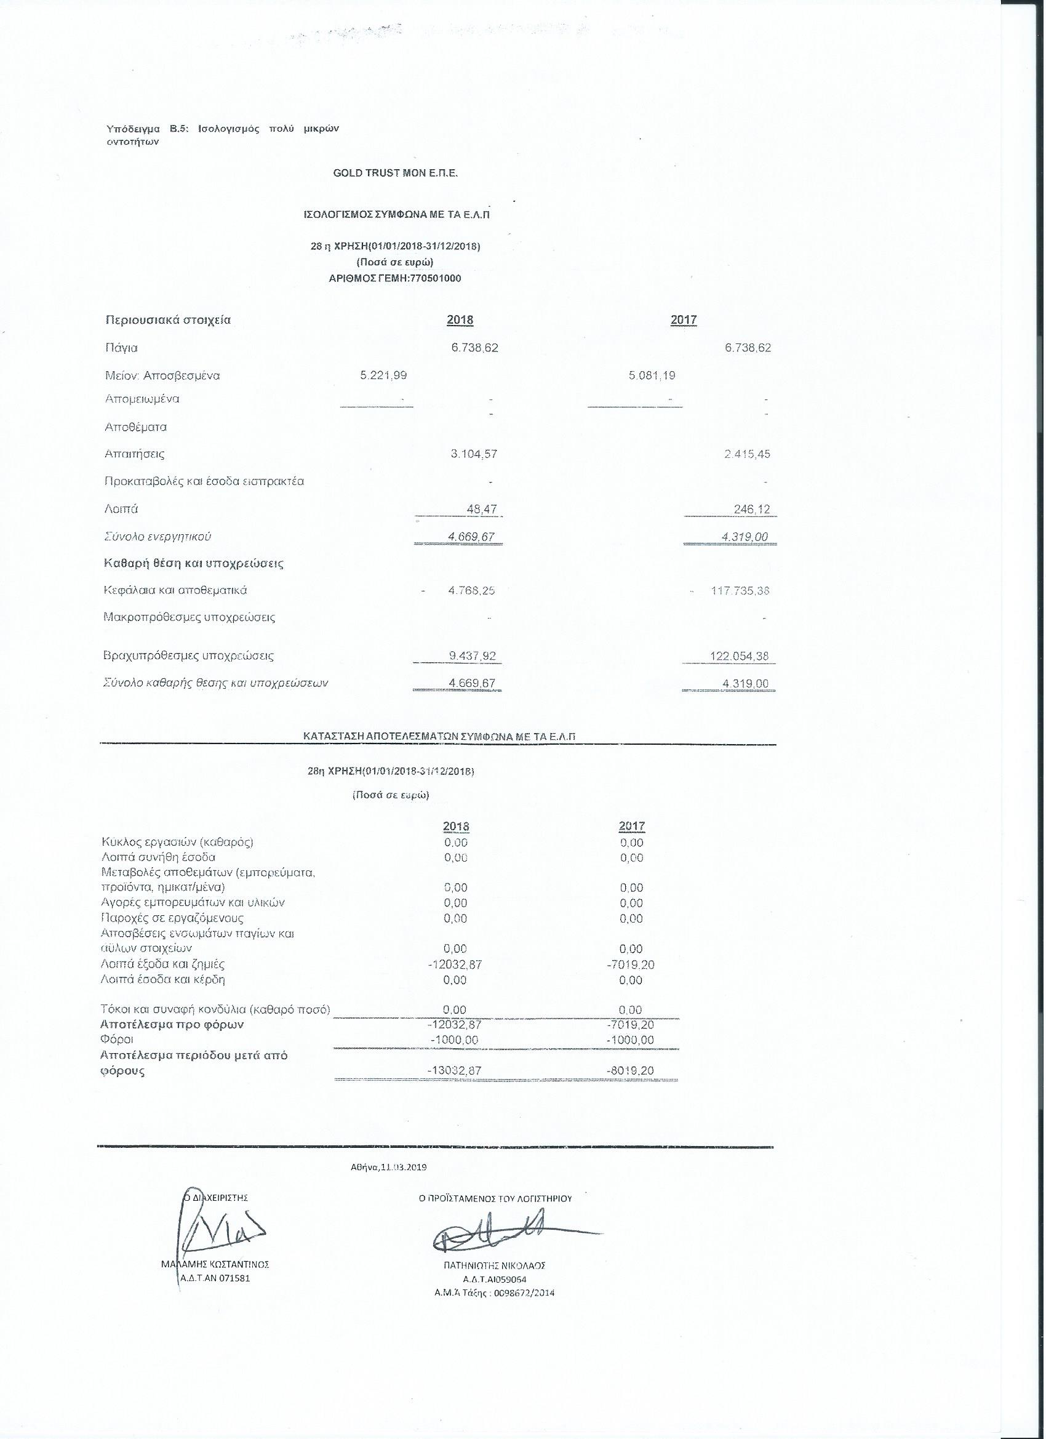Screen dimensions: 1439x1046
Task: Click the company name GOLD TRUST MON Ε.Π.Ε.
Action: (x=395, y=174)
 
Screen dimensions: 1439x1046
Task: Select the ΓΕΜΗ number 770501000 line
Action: (x=394, y=279)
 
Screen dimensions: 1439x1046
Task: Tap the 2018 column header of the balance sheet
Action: (x=460, y=321)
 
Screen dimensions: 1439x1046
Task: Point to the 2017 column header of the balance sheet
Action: (x=683, y=321)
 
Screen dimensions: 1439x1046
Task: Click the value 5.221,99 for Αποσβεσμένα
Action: (x=383, y=375)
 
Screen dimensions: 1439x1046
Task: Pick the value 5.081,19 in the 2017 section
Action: (x=652, y=375)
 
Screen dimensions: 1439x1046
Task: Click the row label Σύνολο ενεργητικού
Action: (x=158, y=537)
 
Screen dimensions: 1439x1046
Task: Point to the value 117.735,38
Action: (x=740, y=591)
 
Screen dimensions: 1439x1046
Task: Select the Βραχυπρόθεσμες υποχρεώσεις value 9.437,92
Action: (x=472, y=656)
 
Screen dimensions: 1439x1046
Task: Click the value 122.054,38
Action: (x=740, y=656)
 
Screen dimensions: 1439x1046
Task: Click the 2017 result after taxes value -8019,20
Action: (x=630, y=1070)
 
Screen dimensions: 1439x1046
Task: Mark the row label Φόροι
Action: (x=116, y=1040)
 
